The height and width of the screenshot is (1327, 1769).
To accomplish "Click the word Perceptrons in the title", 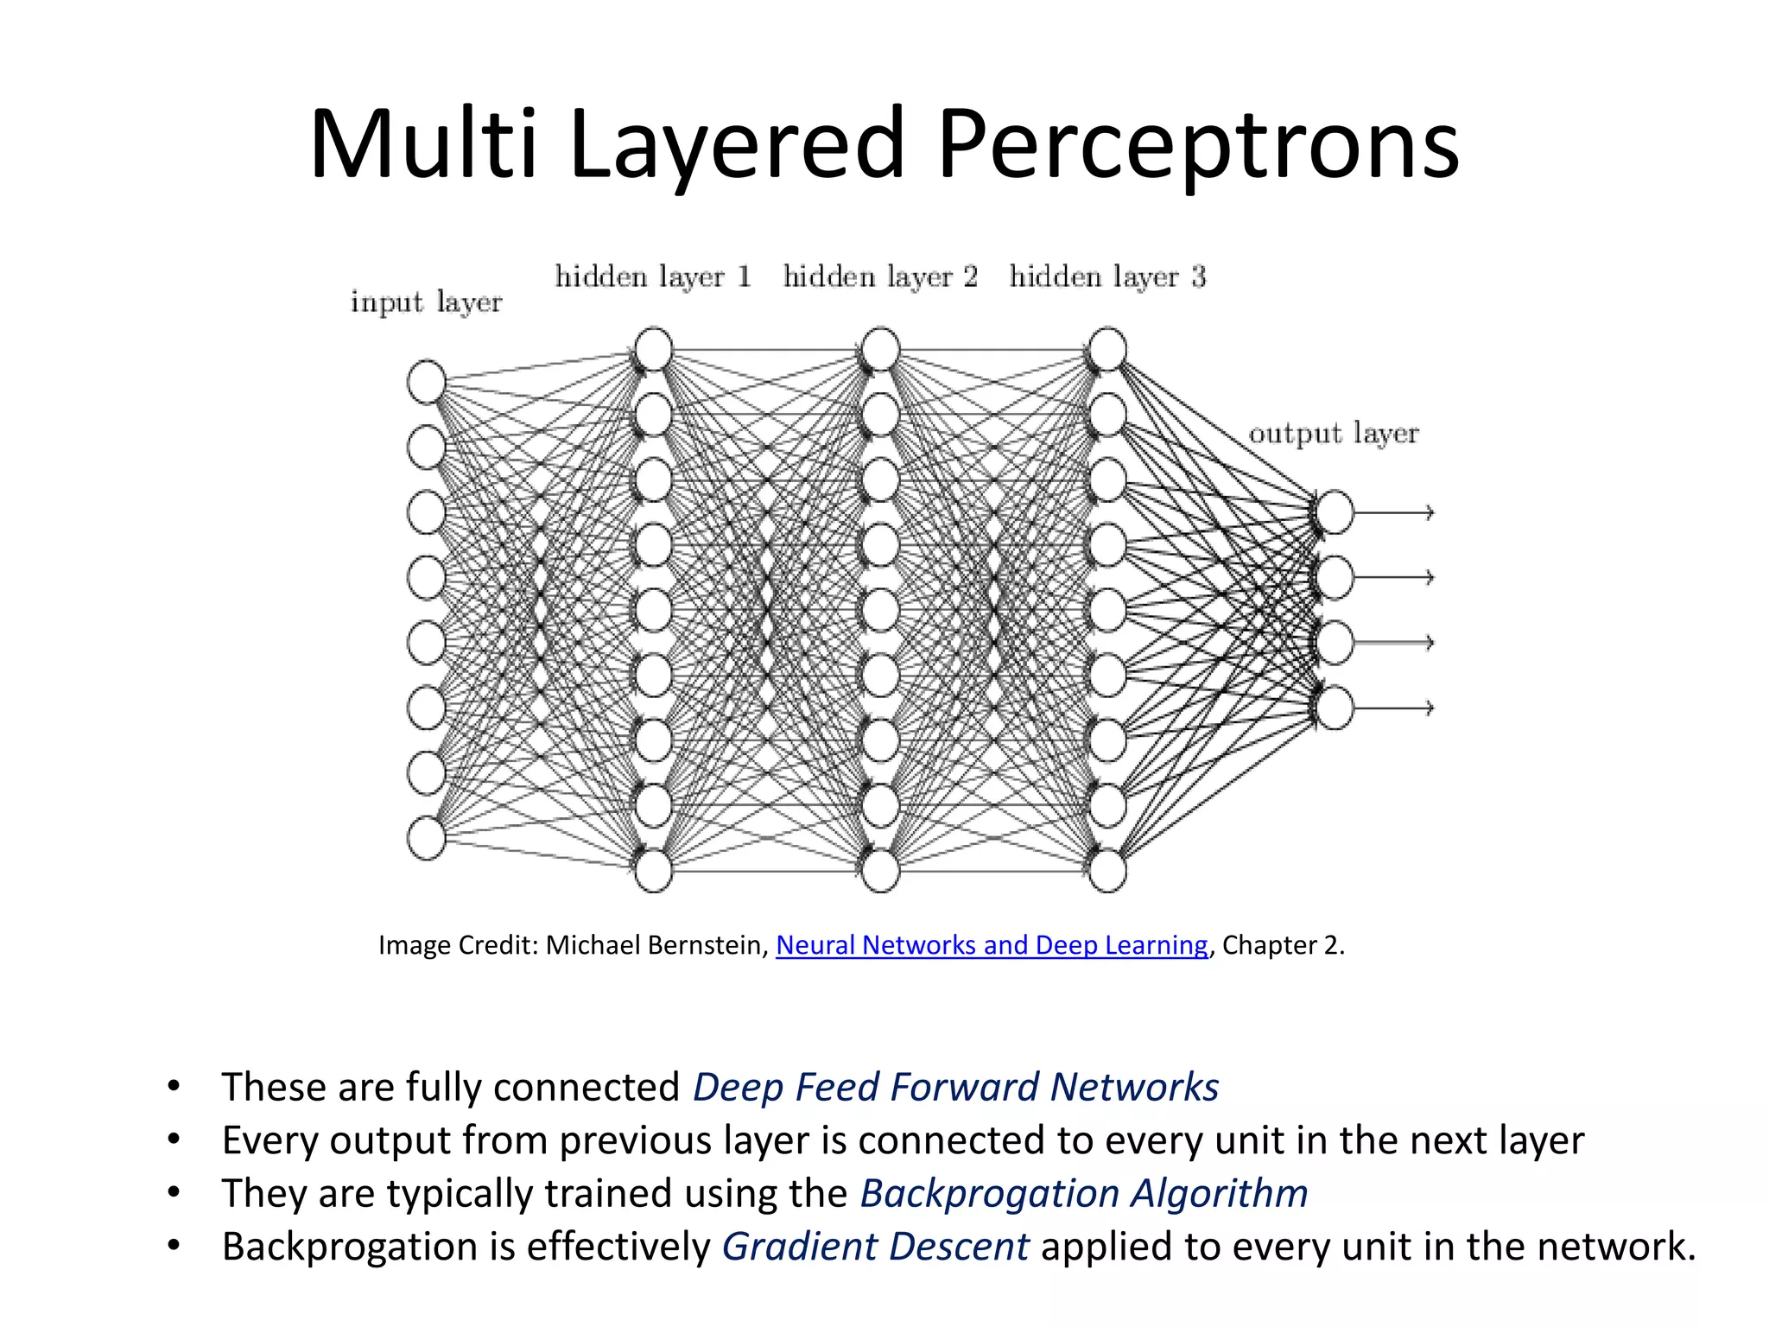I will [1197, 145].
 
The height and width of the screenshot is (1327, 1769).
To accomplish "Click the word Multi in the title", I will [423, 145].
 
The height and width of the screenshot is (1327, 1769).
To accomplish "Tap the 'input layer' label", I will [426, 302].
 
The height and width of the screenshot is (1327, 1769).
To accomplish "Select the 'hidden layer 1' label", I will [653, 276].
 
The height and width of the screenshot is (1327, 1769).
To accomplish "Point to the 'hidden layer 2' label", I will [880, 276].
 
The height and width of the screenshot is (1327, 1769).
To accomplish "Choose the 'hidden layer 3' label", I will [1106, 276].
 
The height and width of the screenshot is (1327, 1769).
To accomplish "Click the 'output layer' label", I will [1333, 433].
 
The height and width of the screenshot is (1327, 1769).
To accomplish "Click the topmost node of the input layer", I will [426, 382].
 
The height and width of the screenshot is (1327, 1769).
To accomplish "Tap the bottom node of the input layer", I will [426, 838].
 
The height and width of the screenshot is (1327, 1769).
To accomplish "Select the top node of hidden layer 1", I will [653, 349].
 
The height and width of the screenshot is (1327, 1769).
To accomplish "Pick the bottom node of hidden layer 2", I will [880, 870].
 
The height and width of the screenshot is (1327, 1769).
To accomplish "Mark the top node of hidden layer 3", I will [1107, 349].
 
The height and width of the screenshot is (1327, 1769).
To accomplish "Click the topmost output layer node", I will [1335, 512].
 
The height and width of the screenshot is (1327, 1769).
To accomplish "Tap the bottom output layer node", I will [1335, 708].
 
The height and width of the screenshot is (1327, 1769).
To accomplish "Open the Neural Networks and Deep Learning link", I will [992, 945].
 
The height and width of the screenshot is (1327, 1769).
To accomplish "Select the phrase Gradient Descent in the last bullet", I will [875, 1247].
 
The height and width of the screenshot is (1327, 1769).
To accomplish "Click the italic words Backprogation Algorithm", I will [1083, 1193].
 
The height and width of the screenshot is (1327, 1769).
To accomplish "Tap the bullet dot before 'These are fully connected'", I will [174, 1085].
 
